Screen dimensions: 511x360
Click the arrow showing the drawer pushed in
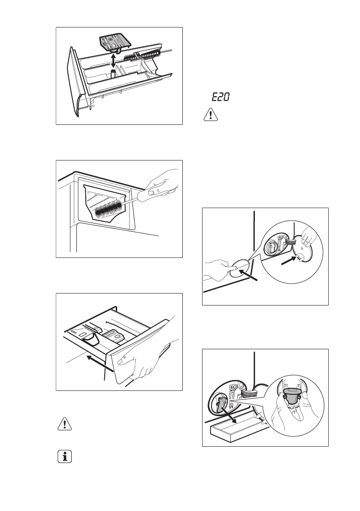[100, 363]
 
